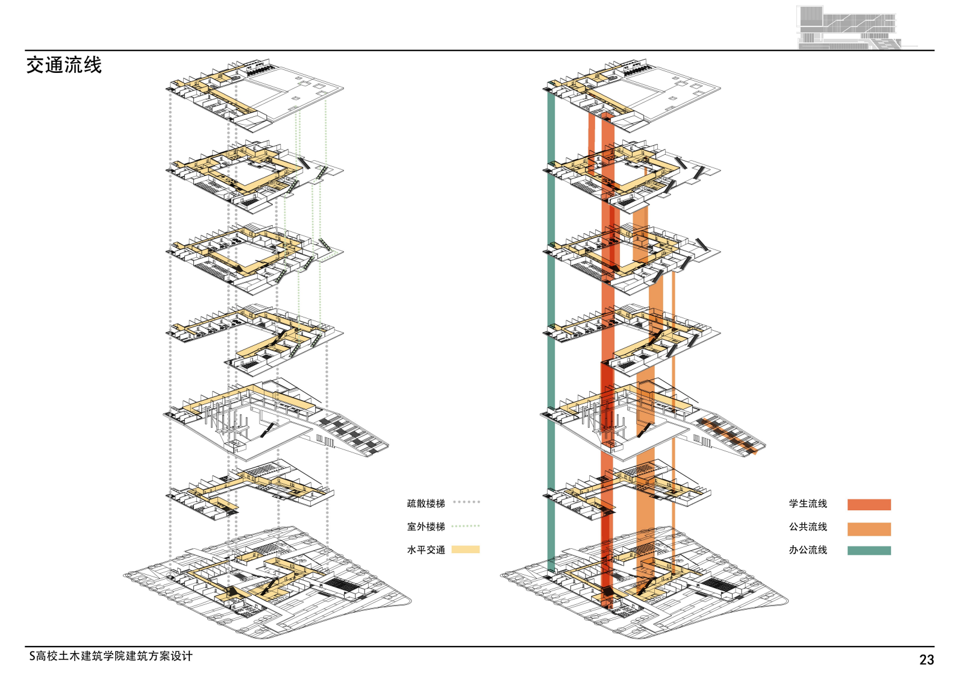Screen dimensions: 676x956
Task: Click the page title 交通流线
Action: tap(64, 65)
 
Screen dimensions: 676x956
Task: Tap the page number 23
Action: tap(926, 660)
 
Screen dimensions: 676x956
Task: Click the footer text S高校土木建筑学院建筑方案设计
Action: tap(111, 656)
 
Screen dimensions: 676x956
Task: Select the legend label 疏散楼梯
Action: tap(426, 504)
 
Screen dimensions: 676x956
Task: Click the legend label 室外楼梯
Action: tap(426, 527)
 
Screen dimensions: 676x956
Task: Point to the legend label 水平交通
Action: tap(426, 549)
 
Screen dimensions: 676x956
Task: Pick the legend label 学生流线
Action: tap(808, 504)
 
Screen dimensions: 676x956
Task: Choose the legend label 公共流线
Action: tap(808, 527)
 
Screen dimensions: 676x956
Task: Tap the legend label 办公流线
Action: tap(808, 549)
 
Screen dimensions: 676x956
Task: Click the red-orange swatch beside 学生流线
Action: tap(869, 505)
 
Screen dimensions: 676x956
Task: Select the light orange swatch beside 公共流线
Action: tap(869, 528)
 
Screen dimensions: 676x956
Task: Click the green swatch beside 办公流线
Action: tap(869, 550)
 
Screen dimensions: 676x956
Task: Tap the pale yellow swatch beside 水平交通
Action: tap(466, 549)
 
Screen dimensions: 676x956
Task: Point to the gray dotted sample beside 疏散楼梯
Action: tap(466, 502)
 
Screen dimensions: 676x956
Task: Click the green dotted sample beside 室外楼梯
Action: tap(466, 526)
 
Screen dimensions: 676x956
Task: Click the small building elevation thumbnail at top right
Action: tap(849, 27)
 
